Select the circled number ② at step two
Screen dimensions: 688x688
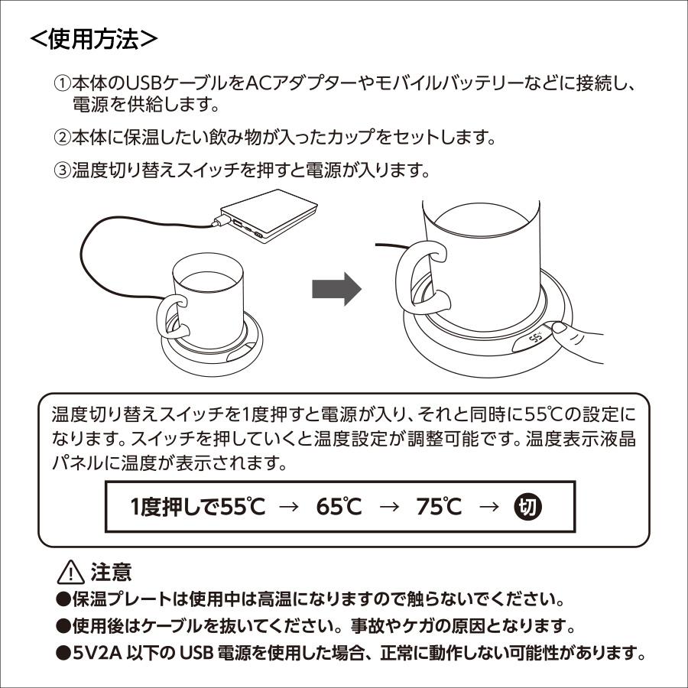[61, 138]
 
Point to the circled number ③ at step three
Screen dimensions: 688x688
[61, 170]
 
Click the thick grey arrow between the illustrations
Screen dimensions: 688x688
[336, 290]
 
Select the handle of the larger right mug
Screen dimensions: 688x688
[420, 279]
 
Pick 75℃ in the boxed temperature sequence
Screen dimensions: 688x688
[440, 507]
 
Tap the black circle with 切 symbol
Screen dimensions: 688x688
[527, 506]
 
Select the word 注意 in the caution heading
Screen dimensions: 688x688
[111, 571]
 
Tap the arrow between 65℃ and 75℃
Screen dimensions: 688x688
[390, 507]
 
